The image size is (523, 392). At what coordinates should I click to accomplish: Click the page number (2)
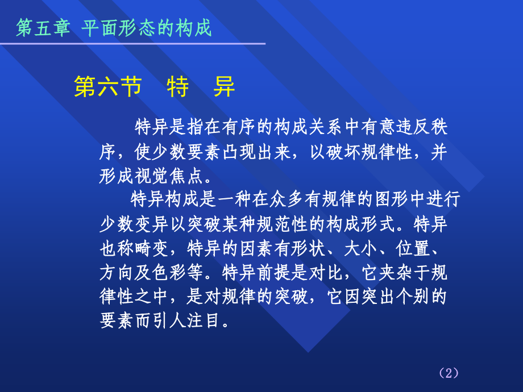(449, 373)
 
